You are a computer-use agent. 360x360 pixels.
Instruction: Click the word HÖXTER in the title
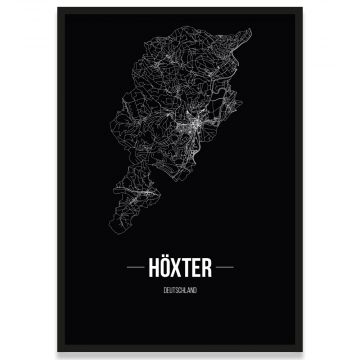pos(181,268)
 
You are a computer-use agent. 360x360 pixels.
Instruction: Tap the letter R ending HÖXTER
pos(210,268)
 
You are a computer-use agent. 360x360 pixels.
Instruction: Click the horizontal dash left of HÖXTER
pos(129,269)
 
